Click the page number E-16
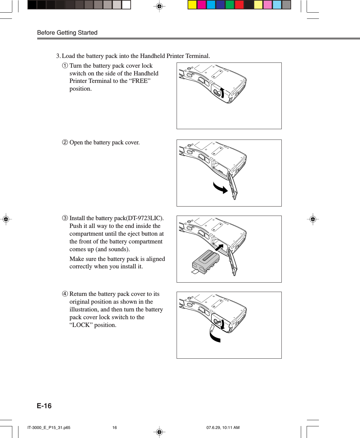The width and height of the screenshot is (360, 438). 44,406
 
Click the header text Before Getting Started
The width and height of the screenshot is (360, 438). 67,33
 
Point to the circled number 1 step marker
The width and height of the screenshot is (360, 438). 65,66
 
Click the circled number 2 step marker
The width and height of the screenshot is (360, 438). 65,142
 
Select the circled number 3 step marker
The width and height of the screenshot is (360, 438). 65,218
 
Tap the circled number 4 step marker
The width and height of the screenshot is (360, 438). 65,294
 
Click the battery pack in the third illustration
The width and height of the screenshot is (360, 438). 206,261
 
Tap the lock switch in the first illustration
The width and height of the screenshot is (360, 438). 217,93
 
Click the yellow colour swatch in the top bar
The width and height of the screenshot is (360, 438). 192,5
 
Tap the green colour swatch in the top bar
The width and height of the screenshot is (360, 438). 230,5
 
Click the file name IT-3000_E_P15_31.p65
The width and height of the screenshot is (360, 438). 49,428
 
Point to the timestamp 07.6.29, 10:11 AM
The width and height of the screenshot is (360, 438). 223,428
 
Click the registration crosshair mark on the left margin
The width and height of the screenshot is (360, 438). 6,219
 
